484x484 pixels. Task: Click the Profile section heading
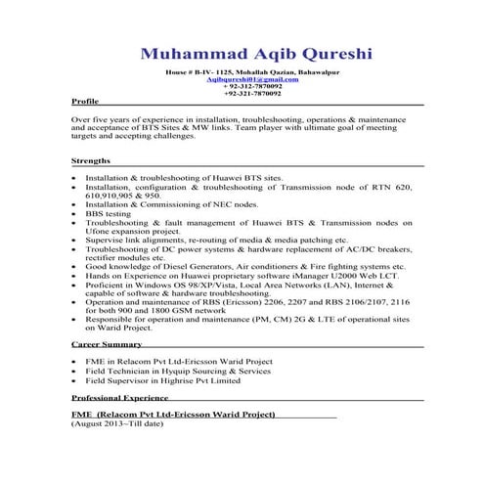85,102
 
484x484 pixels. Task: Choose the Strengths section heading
91,160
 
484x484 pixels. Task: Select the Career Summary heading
107,345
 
